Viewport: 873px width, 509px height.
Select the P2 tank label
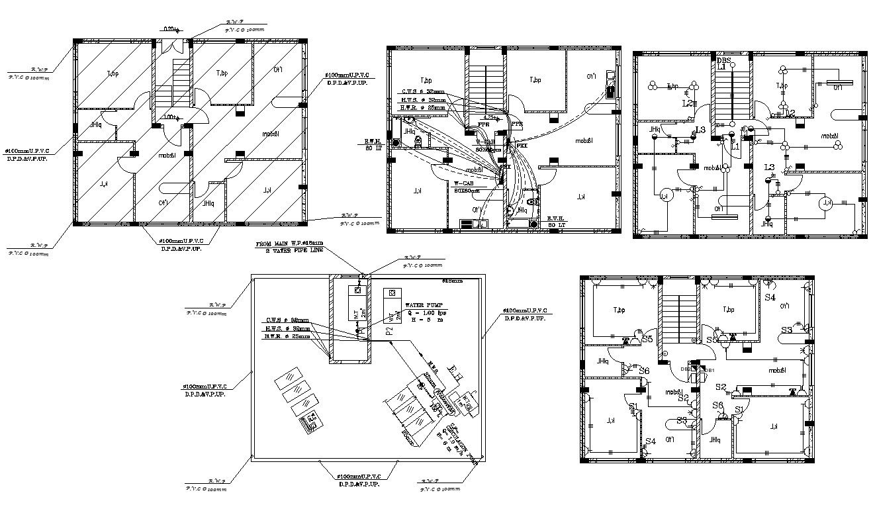tap(390, 328)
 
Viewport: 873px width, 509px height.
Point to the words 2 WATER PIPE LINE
tap(295, 251)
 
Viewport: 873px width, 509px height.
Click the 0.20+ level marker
tap(170, 29)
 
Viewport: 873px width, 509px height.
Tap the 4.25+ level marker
tap(488, 118)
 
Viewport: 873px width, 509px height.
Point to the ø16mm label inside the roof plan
tap(452, 281)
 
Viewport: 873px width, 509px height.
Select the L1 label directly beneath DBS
tap(721, 67)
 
